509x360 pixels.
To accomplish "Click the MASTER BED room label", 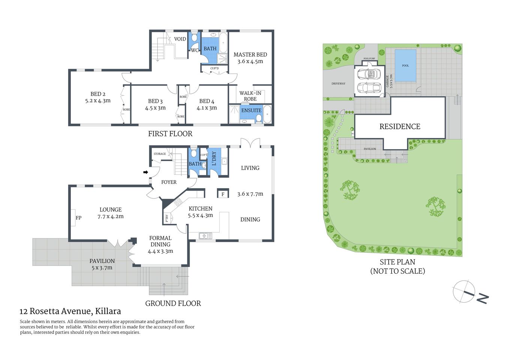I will click(250, 55).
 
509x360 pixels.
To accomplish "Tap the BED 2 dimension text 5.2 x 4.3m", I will click(98, 101).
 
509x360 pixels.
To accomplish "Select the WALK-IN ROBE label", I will click(250, 96).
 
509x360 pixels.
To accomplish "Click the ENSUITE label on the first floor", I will click(251, 110).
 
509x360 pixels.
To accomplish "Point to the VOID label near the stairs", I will click(180, 39).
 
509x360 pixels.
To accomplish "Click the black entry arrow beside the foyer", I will click(145, 172).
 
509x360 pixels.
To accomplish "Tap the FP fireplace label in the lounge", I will click(79, 218).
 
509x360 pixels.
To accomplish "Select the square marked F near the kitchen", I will click(223, 194).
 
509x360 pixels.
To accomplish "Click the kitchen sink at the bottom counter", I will click(205, 236).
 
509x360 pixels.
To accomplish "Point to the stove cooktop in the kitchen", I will click(178, 202).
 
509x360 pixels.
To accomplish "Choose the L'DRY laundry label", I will click(214, 159).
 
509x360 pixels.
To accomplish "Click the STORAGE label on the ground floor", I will click(160, 154).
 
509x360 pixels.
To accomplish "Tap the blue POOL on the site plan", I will click(405, 66).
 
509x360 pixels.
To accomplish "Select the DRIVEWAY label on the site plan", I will click(338, 84).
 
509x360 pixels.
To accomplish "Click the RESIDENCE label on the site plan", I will click(400, 127).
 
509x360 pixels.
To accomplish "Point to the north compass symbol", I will click(464, 291).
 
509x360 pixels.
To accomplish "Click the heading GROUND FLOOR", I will click(173, 303).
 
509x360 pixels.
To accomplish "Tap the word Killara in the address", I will click(108, 311).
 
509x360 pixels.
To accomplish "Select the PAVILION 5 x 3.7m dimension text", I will click(102, 268).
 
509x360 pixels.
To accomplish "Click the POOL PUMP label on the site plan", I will click(369, 58).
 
